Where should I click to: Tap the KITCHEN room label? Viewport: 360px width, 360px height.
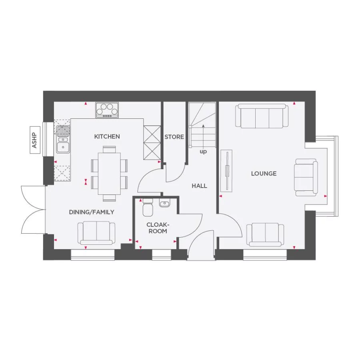[x=107, y=136]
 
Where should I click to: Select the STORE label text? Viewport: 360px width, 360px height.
[x=174, y=137]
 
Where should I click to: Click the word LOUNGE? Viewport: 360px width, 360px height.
[x=264, y=174]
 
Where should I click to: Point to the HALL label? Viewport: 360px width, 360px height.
[x=199, y=186]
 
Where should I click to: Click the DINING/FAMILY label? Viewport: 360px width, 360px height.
[x=92, y=212]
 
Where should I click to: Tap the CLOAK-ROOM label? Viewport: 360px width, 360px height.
[x=156, y=228]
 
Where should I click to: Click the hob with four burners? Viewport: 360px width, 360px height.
[x=107, y=110]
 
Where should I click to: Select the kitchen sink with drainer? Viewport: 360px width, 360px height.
[x=62, y=139]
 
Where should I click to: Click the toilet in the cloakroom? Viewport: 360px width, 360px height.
[x=148, y=207]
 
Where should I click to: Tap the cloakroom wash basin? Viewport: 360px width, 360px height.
[x=164, y=204]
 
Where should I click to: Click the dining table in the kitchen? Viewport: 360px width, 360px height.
[x=109, y=173]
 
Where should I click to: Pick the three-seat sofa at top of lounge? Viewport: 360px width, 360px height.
[x=262, y=116]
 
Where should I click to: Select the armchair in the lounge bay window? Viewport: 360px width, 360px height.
[x=306, y=177]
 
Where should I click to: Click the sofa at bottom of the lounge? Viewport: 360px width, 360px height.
[x=265, y=234]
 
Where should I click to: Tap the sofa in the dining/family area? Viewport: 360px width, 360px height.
[x=96, y=233]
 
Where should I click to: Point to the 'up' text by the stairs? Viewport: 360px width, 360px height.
[x=203, y=152]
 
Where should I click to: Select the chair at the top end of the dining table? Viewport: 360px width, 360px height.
[x=109, y=149]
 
